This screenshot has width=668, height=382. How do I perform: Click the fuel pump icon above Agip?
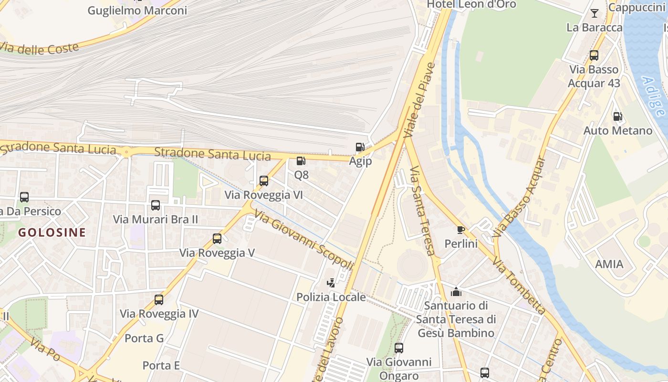point(360,147)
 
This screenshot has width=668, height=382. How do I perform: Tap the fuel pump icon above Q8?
point(301,161)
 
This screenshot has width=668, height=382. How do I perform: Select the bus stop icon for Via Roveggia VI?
point(264,181)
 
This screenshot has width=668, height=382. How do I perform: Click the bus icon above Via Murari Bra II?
point(156,205)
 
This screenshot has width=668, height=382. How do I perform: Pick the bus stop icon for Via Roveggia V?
point(217,238)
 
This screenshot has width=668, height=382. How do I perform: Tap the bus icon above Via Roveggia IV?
point(159,300)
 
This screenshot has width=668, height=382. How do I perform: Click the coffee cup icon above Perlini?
point(460,230)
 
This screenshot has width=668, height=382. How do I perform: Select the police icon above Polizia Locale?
point(331,283)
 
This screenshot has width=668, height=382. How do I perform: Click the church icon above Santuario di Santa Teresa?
point(456,291)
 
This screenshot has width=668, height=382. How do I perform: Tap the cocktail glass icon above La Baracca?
point(595,13)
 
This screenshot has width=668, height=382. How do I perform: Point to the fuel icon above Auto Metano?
point(617,116)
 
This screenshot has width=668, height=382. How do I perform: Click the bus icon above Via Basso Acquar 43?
point(594,55)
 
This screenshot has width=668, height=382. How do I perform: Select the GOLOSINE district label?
point(52,233)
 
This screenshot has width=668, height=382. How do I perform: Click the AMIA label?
point(609,264)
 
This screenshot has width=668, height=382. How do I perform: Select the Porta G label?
point(144,338)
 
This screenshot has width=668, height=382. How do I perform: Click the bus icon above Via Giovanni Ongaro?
point(399,348)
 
